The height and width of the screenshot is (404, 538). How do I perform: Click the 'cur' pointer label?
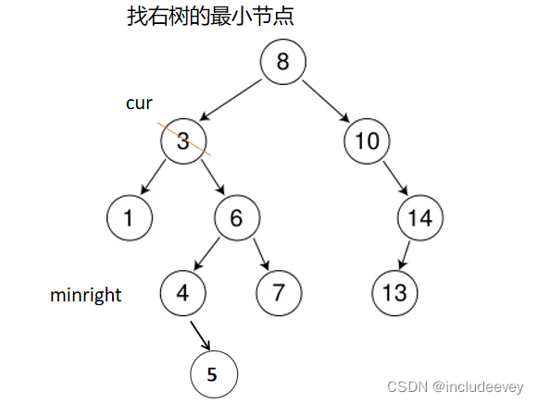(x=139, y=104)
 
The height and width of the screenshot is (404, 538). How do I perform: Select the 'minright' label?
(x=86, y=295)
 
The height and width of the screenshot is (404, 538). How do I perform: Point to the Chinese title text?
(x=210, y=16)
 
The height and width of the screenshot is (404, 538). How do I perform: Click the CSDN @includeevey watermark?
(x=455, y=386)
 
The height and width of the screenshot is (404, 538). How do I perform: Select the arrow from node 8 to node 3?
(x=231, y=100)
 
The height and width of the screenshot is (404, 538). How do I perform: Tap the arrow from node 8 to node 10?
(x=326, y=102)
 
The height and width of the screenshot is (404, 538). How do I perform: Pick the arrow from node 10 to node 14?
(x=395, y=178)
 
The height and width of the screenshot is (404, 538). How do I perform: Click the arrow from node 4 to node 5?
(x=200, y=336)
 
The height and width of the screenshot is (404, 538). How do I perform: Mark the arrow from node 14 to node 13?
(x=405, y=255)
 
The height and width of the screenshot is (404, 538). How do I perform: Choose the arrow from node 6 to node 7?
(x=261, y=254)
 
